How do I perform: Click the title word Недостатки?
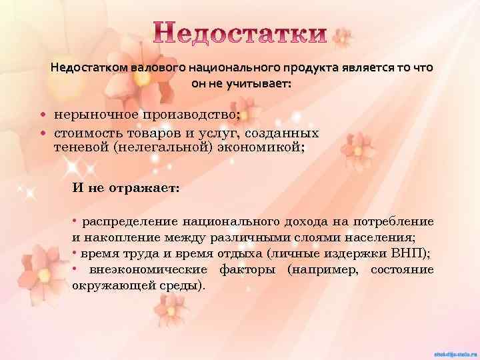coord(241,34)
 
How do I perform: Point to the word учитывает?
coord(256,85)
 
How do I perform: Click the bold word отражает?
coord(144,188)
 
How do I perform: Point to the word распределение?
coord(128,222)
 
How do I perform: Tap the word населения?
coord(380,237)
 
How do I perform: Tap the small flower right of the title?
coord(343,37)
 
